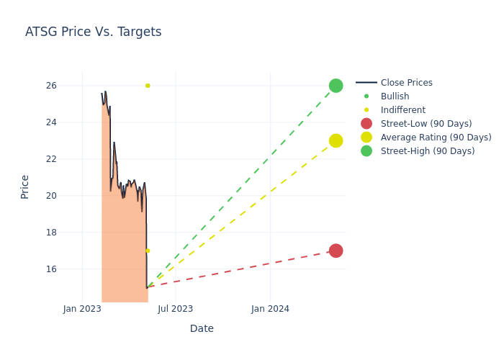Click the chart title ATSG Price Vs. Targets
(94, 32)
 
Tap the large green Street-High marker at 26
(336, 86)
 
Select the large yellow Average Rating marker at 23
(336, 140)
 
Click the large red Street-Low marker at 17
(336, 251)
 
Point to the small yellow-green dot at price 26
(148, 86)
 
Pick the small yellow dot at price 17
(148, 251)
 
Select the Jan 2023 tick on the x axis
(82, 309)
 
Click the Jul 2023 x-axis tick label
(176, 309)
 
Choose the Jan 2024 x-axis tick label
(270, 309)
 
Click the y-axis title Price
(25, 186)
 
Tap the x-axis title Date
(202, 328)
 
